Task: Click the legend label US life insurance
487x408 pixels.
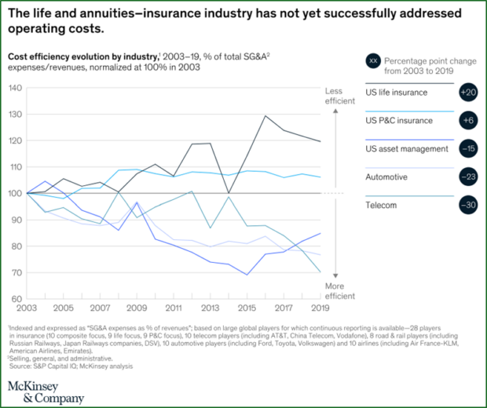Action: coord(397,93)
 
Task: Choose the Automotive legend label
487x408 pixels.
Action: coord(386,177)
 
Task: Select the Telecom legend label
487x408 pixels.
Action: coord(382,206)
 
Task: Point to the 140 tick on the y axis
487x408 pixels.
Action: coord(14,87)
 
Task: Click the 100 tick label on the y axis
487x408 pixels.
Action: coord(14,193)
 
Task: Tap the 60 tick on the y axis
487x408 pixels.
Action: coord(16,298)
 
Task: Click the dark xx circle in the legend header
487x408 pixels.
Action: coord(374,60)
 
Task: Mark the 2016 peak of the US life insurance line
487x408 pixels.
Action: coord(266,116)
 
